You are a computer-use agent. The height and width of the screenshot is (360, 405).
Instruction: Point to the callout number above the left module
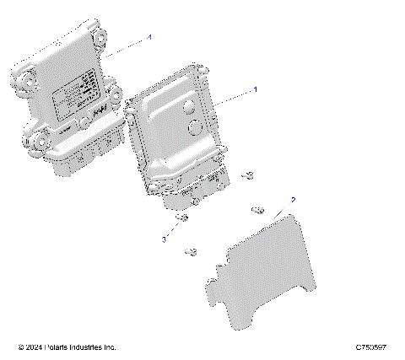(x=150, y=38)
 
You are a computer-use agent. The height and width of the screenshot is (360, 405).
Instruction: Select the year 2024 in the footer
(x=37, y=347)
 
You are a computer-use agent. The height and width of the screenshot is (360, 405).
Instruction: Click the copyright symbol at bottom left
(x=21, y=347)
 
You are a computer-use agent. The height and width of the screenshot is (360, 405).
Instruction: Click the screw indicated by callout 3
(x=182, y=221)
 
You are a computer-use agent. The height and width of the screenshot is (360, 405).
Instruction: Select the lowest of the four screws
(x=193, y=250)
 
